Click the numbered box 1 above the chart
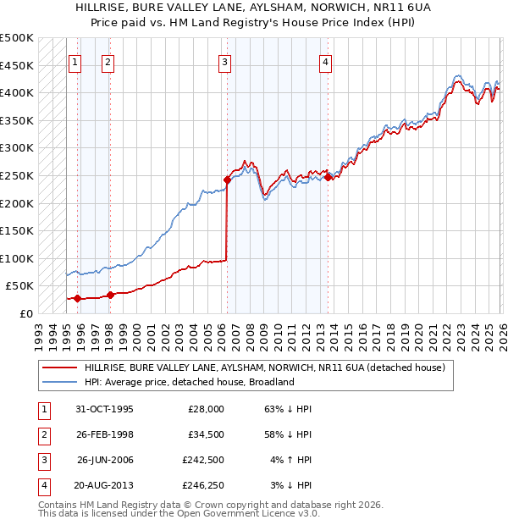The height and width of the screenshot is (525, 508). tap(75, 61)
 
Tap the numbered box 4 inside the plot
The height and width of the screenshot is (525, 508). tap(325, 61)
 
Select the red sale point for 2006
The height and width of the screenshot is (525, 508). tap(227, 180)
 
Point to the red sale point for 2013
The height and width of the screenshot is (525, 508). tap(328, 177)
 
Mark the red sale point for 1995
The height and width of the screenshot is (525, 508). tap(78, 298)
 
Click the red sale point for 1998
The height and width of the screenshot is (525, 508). tap(110, 295)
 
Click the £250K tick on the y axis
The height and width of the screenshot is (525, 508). tap(17, 175)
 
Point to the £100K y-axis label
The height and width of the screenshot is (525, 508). tap(17, 258)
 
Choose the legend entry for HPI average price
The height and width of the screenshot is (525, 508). tap(188, 382)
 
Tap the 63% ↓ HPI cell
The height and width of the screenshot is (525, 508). tap(289, 408)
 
